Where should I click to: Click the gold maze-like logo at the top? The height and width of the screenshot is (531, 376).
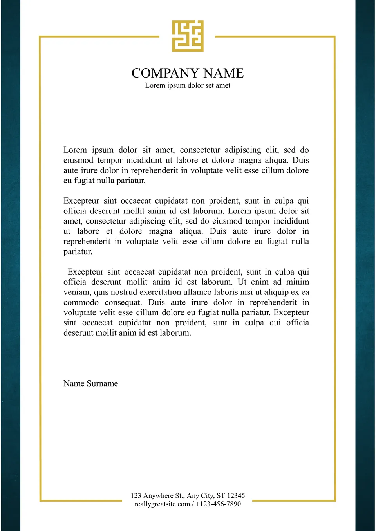[x=188, y=36]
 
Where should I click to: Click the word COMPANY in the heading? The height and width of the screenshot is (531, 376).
[x=165, y=73]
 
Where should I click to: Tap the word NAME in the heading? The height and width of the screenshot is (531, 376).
[x=224, y=73]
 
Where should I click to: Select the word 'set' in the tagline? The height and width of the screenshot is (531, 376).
[x=210, y=85]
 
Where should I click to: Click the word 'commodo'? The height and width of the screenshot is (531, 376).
[x=81, y=302]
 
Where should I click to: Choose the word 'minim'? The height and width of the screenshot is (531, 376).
[x=298, y=282]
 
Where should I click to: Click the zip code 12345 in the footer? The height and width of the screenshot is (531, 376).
[x=236, y=495]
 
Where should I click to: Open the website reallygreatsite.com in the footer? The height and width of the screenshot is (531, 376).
[x=162, y=504]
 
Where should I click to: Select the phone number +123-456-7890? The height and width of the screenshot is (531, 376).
[x=218, y=504]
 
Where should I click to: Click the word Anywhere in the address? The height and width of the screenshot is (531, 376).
[x=158, y=495]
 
